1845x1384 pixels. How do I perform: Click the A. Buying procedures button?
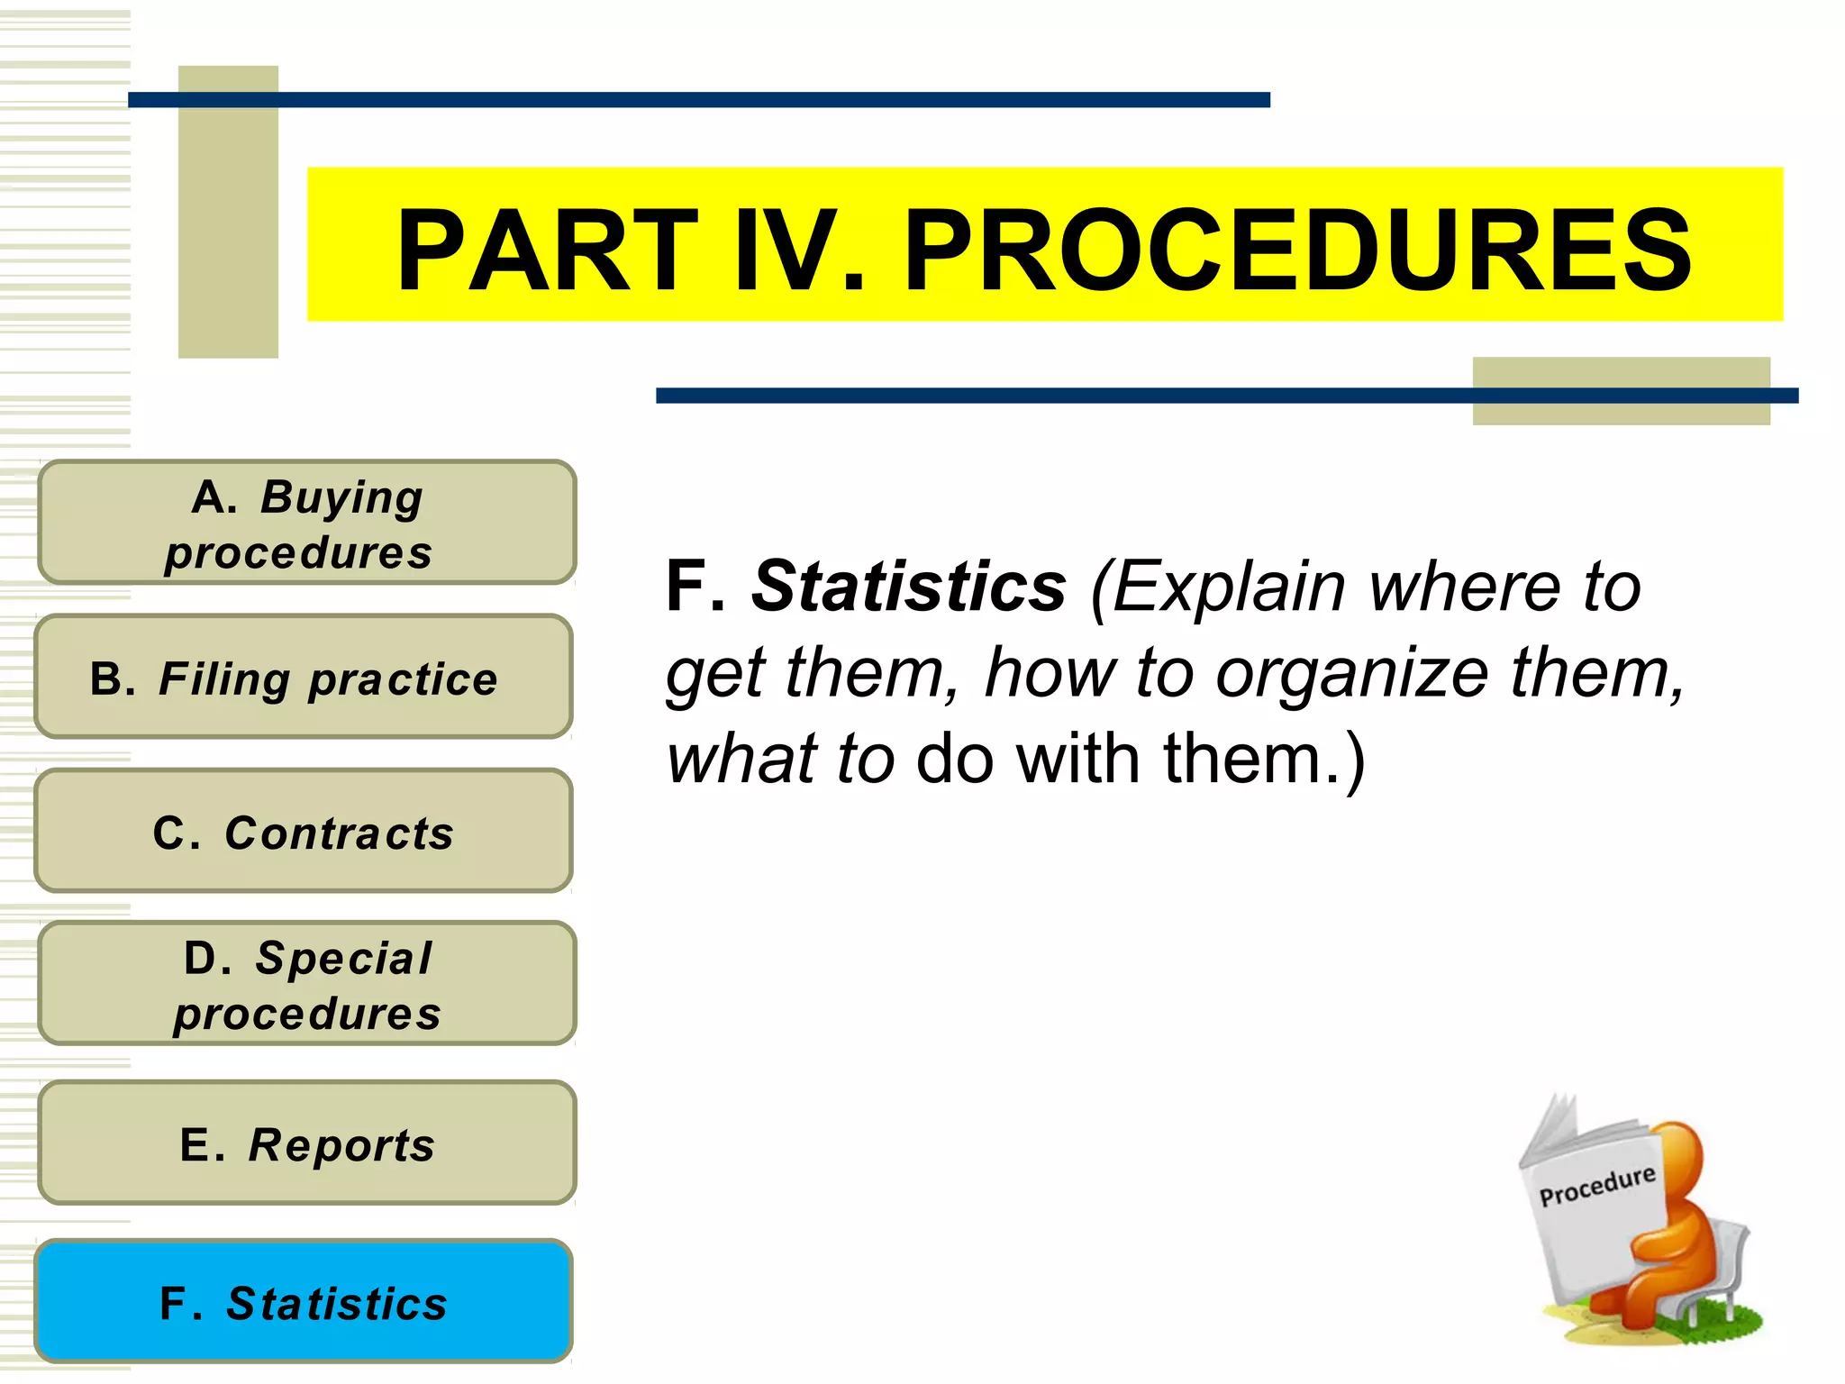point(306,523)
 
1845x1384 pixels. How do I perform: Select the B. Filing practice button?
point(304,677)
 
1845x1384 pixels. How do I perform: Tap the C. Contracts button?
point(304,831)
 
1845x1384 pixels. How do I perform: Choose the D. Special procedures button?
point(306,983)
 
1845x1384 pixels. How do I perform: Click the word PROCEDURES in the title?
point(1296,250)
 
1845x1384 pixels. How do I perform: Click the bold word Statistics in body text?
point(908,587)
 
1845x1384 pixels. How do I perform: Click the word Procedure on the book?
point(1596,1185)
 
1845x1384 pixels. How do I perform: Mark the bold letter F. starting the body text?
point(695,587)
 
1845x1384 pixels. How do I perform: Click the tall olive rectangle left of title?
point(228,212)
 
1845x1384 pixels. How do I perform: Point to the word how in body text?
point(1049,673)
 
